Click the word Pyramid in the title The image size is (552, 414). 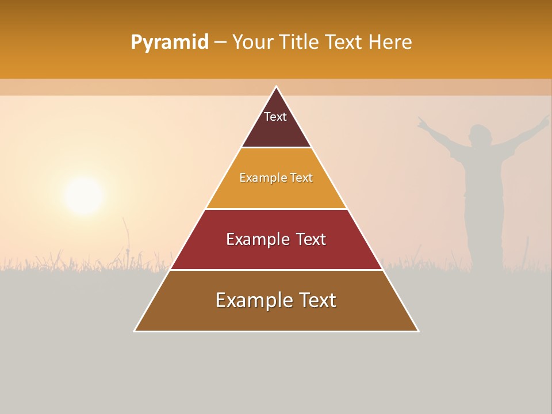pos(169,43)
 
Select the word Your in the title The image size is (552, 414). pos(252,43)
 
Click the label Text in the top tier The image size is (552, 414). pos(275,117)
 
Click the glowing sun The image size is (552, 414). pos(84,196)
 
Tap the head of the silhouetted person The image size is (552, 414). pos(479,136)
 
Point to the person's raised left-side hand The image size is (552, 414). pos(423,121)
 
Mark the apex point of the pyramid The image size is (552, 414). pos(277,86)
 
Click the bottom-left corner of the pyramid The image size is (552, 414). pos(135,331)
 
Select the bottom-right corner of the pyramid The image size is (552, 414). pos(419,331)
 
